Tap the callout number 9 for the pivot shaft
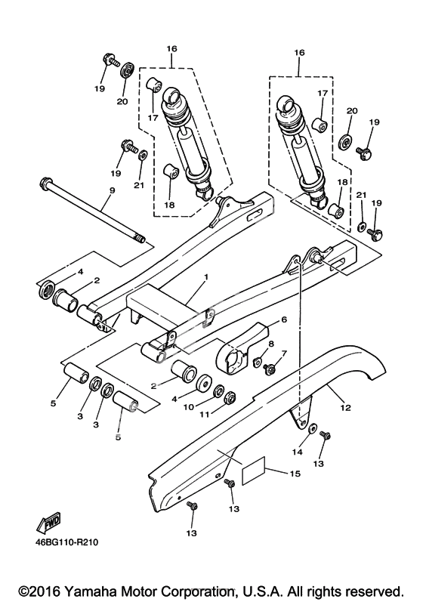112,190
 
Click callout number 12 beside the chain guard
345,407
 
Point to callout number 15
295,474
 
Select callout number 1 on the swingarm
206,276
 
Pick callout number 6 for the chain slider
284,320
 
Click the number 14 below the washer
297,452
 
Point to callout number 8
271,344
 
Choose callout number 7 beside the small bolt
284,353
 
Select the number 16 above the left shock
171,48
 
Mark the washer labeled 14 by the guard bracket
313,428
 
